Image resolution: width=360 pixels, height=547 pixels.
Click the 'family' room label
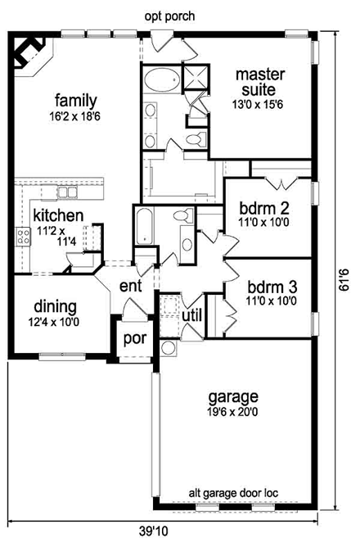click(x=72, y=101)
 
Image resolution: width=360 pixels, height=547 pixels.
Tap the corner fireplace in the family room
click(x=30, y=53)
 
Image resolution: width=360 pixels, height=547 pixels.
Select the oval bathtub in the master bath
click(x=162, y=81)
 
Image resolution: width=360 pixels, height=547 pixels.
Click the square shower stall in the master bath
click(x=195, y=79)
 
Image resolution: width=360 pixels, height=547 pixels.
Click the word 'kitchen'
click(x=57, y=216)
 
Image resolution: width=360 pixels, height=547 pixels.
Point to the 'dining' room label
click(x=55, y=307)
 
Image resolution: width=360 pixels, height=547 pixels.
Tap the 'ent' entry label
click(x=131, y=287)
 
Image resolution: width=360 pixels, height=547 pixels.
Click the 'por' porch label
click(x=133, y=338)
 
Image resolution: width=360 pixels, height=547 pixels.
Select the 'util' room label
click(x=191, y=314)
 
